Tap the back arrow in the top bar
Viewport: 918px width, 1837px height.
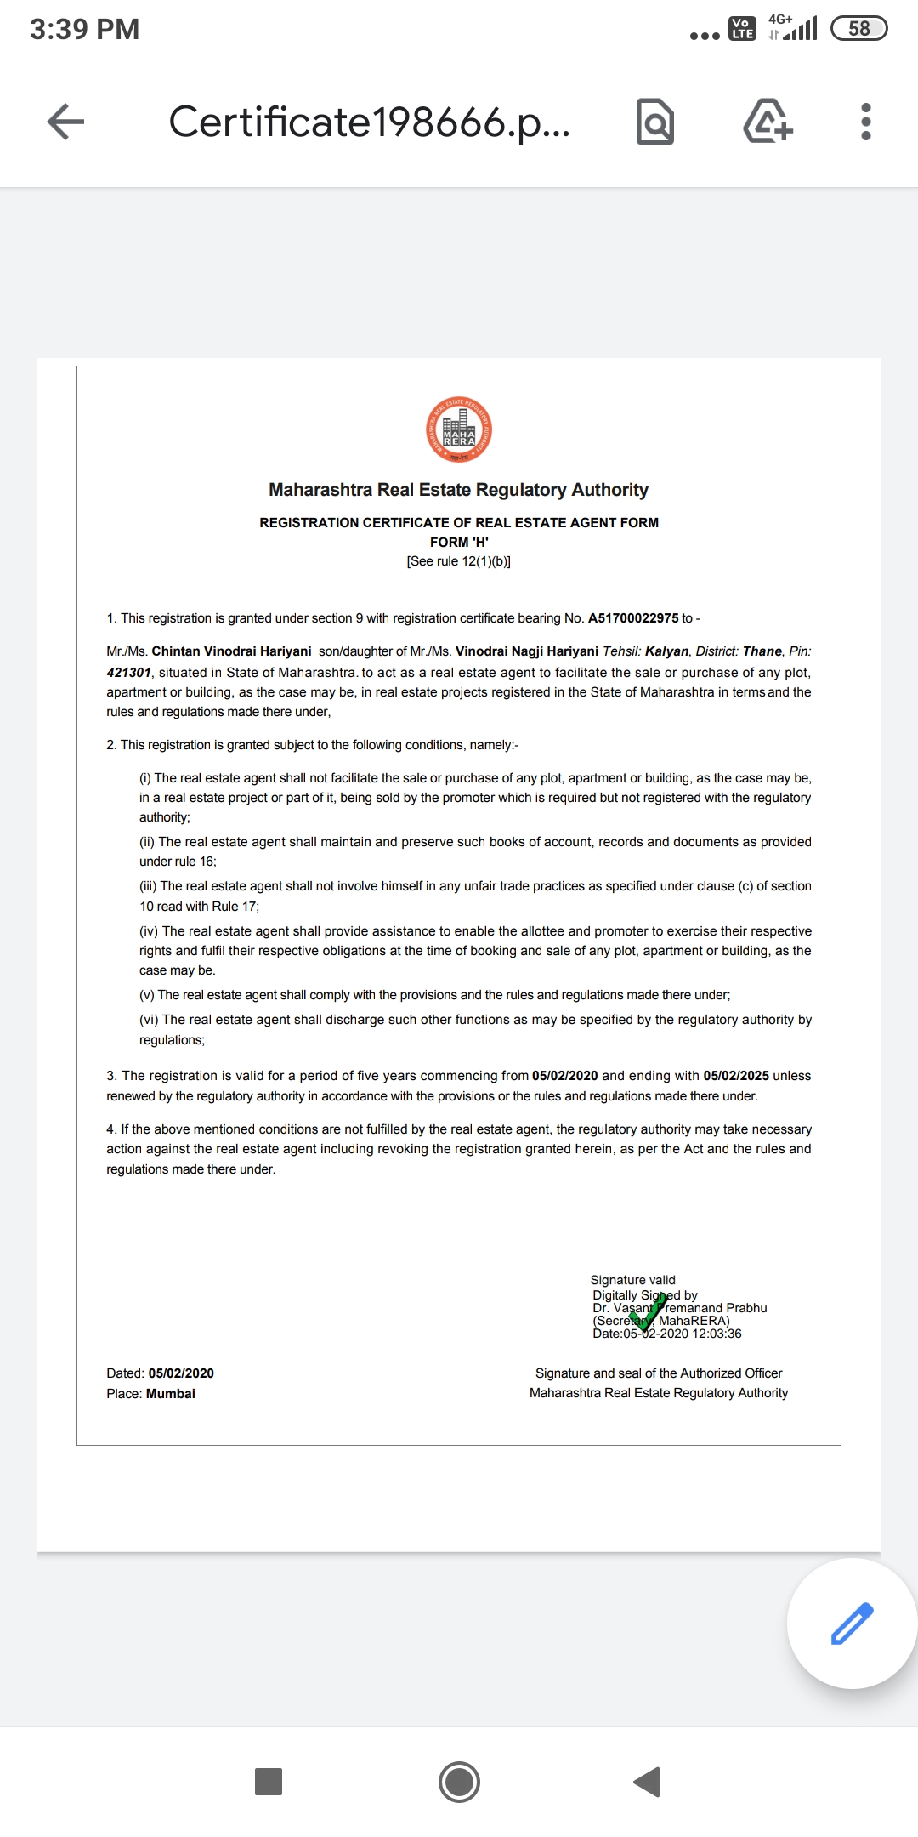tap(65, 122)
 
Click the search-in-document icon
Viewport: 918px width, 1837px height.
tap(654, 122)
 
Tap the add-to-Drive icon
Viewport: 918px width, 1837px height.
tap(768, 122)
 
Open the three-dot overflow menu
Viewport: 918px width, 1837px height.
tap(865, 122)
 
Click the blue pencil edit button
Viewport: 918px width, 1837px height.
tap(852, 1623)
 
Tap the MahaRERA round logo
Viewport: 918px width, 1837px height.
tap(459, 430)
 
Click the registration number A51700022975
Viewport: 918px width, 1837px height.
tap(633, 618)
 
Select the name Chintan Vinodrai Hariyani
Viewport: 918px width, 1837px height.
tap(231, 651)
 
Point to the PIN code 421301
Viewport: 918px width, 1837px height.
tap(128, 673)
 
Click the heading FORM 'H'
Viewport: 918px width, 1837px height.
tap(459, 543)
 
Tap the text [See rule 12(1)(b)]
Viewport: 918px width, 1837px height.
tap(459, 561)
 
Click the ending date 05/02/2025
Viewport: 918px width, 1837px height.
tap(736, 1076)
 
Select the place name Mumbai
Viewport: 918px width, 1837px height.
tap(171, 1394)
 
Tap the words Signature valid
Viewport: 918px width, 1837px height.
tap(632, 1280)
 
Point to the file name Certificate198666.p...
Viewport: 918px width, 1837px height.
tap(369, 122)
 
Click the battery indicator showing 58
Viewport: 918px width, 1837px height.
tap(858, 29)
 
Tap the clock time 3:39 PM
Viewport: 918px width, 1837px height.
tap(85, 29)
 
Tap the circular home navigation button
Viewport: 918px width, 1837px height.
tap(459, 1782)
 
